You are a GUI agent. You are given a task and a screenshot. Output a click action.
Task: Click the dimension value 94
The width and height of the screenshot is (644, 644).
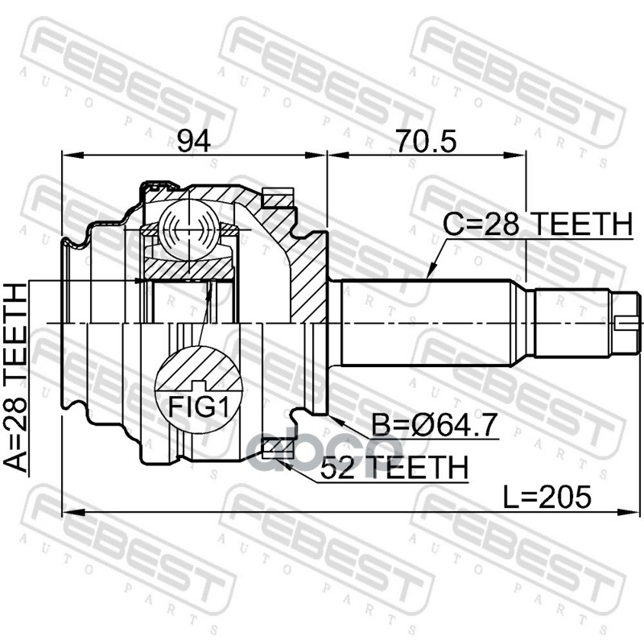click(194, 140)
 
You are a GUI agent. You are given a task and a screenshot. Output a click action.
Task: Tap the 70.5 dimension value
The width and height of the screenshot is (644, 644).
click(426, 140)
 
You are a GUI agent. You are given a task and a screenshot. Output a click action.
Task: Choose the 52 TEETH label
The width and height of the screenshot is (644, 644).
click(394, 466)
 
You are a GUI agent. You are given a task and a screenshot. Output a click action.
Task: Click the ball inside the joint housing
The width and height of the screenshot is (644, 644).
click(188, 228)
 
